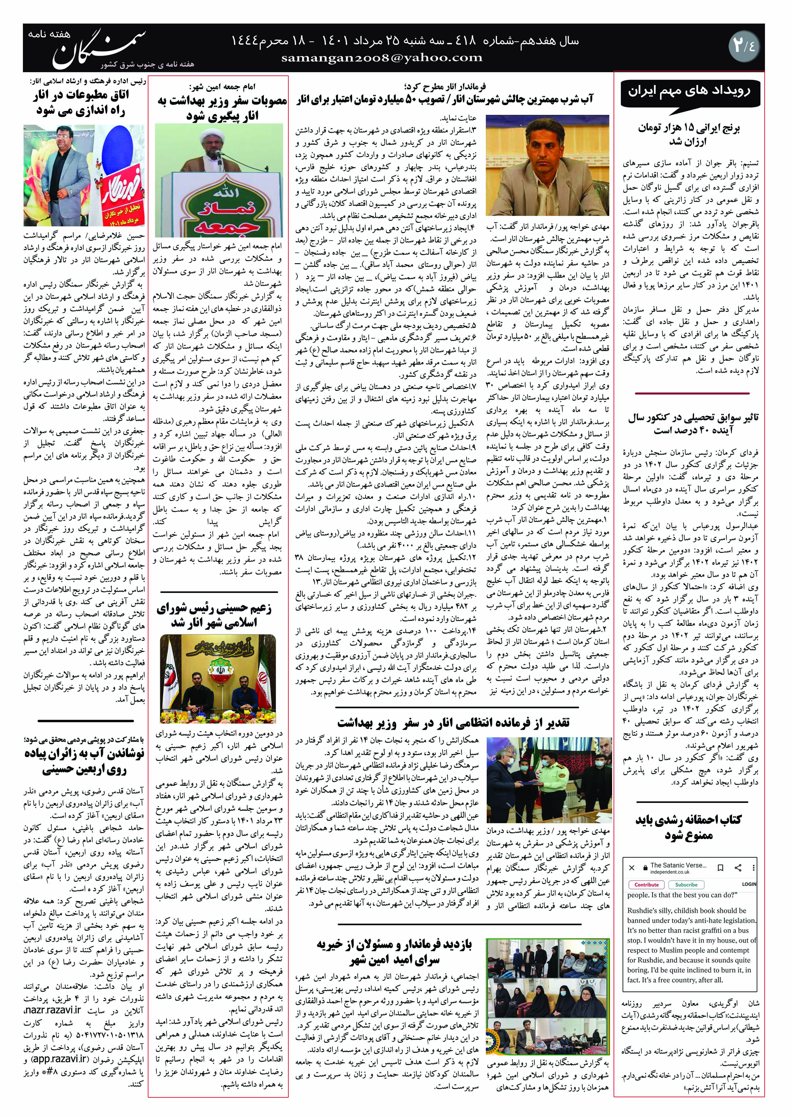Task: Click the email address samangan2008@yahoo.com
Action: tap(382, 58)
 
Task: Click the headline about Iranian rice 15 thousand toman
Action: tap(689, 135)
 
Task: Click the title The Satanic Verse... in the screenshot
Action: tap(678, 865)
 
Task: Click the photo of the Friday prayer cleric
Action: tap(218, 180)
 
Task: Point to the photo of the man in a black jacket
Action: tap(84, 176)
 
